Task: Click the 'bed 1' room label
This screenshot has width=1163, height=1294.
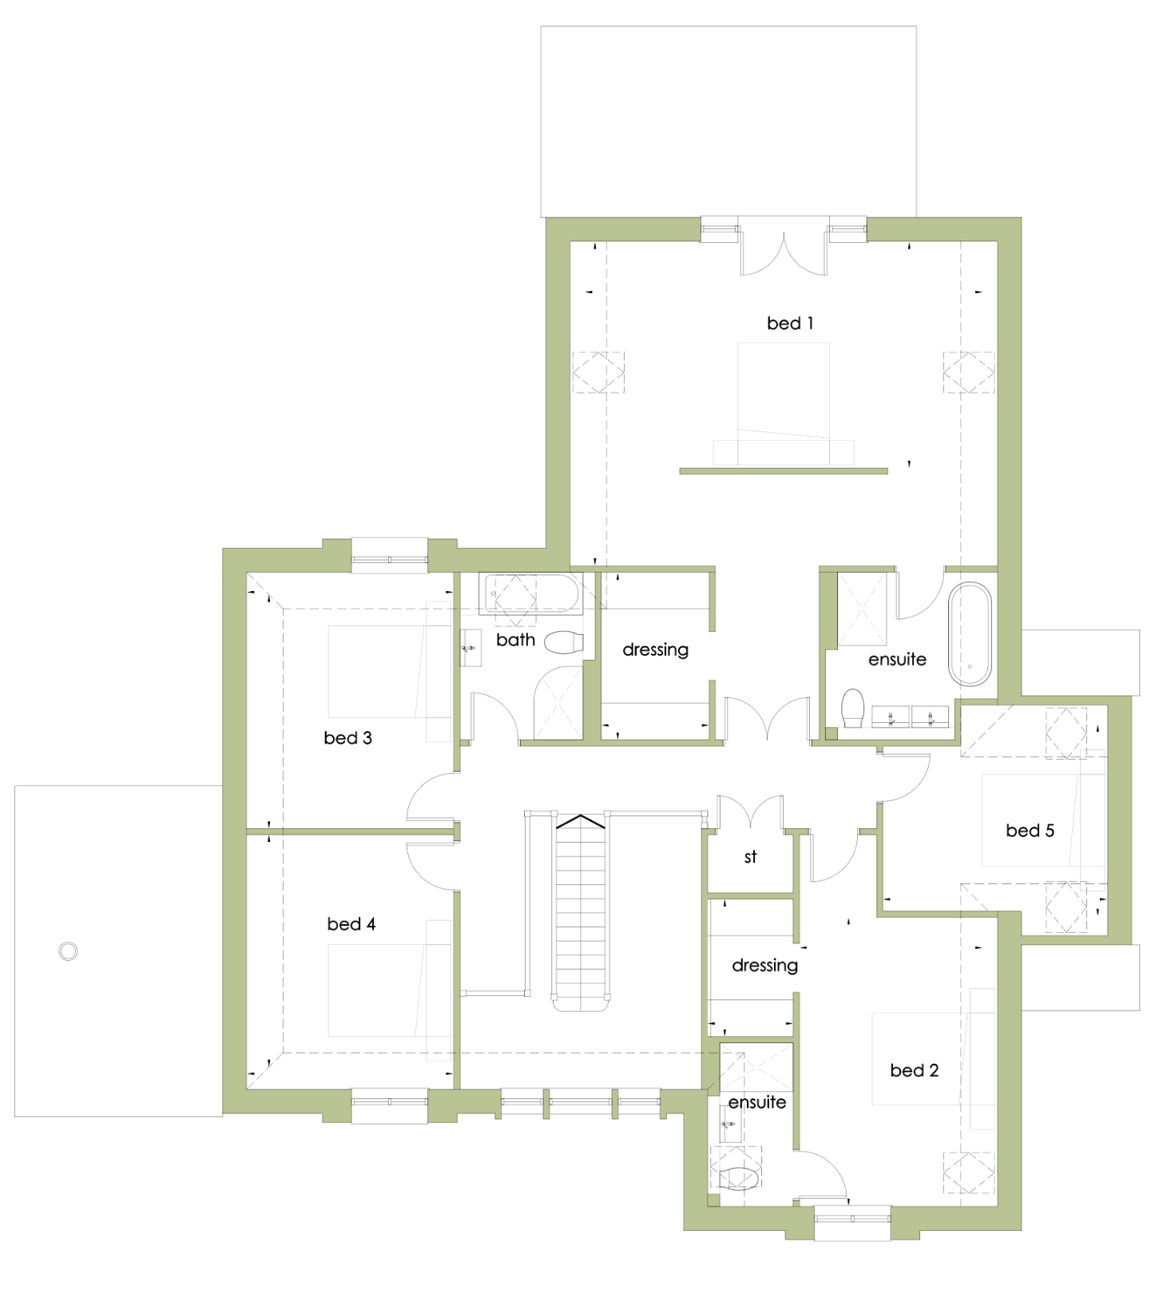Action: click(x=789, y=323)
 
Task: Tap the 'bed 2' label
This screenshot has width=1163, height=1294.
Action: click(x=914, y=1070)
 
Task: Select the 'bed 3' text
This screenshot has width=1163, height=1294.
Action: click(x=347, y=738)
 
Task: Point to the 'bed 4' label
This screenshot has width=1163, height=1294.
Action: click(x=351, y=924)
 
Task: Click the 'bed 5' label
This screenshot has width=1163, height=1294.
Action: click(x=1030, y=831)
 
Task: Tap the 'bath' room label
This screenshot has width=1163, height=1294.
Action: click(x=515, y=640)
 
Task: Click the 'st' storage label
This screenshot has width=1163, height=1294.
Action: click(x=750, y=857)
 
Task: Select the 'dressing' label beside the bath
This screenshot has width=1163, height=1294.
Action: click(x=655, y=650)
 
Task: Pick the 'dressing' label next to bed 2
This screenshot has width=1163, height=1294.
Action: click(x=764, y=966)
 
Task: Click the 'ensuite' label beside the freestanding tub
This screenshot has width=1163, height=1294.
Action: click(x=897, y=660)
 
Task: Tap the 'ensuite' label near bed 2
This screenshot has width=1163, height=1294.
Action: click(x=756, y=1102)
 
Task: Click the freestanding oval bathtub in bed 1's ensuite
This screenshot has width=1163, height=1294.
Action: click(x=970, y=634)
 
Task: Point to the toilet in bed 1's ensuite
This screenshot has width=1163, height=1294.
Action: click(x=853, y=709)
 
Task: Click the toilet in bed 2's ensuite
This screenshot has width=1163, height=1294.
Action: click(x=740, y=1178)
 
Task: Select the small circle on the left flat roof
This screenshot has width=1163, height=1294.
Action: click(x=69, y=951)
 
